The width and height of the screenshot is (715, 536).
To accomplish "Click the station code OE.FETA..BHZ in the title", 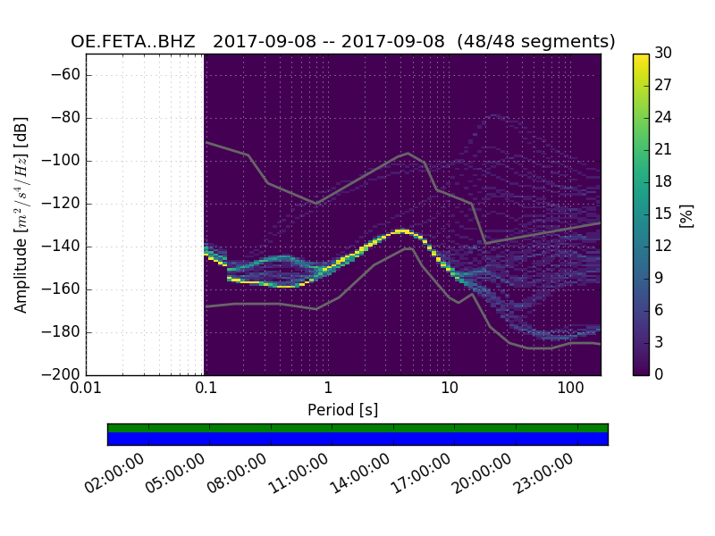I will click(136, 42).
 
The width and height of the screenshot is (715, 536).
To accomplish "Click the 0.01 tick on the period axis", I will click(86, 388).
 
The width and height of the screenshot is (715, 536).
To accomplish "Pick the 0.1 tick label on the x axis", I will click(206, 388).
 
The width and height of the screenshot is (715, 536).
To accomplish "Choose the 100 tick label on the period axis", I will click(569, 388).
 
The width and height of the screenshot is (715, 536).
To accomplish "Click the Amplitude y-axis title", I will click(21, 214).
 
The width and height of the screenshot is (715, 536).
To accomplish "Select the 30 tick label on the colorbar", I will click(663, 54).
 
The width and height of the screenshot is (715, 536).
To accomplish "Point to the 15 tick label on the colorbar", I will click(663, 214).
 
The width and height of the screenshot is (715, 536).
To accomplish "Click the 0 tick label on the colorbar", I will click(660, 375).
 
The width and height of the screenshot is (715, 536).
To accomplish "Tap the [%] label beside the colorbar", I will click(686, 214).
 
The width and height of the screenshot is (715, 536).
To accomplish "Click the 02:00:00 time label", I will click(114, 474).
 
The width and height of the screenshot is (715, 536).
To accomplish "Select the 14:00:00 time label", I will click(358, 474).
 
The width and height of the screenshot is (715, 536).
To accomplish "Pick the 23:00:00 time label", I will click(542, 474).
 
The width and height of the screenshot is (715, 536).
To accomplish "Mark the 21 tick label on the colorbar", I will click(663, 150).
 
